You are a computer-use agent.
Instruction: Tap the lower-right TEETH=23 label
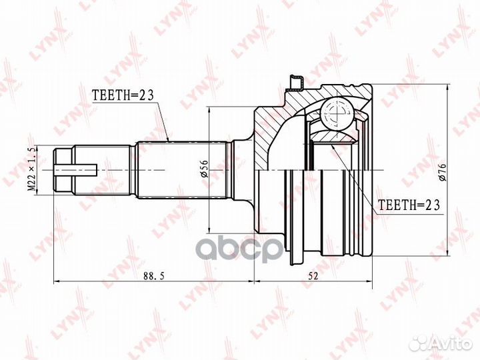(x=409, y=206)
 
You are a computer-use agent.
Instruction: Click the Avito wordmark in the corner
(x=451, y=343)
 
